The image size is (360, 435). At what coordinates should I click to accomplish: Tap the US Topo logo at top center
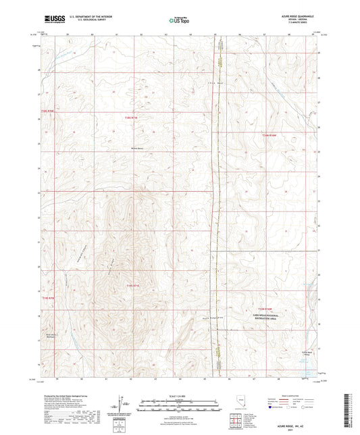[x=180, y=21]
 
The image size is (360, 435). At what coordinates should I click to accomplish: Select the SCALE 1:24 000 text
[x=180, y=395]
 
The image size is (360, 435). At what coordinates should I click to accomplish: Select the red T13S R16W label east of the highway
[x=269, y=136]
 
